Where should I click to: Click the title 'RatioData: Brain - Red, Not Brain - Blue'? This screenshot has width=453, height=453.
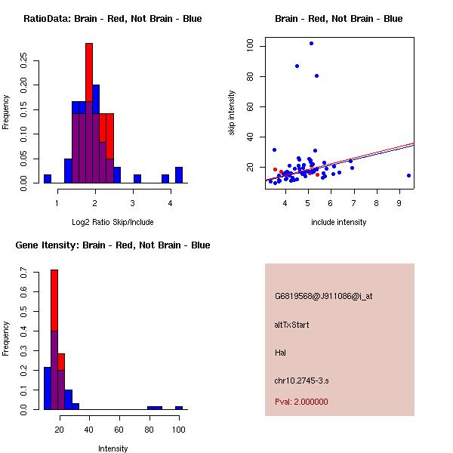(112, 19)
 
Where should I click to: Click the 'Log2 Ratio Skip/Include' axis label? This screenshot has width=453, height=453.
(112, 222)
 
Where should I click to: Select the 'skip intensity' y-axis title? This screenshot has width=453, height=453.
(233, 113)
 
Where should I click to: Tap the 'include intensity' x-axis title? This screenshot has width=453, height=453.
(339, 222)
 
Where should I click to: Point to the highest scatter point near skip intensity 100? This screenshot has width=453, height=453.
(311, 44)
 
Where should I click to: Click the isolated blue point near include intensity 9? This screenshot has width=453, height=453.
(408, 175)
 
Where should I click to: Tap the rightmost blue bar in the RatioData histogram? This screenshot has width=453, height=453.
(179, 175)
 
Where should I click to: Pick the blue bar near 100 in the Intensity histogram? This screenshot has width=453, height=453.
(179, 408)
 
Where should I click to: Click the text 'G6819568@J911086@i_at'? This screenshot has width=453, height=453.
(323, 296)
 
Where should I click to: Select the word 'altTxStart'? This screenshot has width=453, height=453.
(291, 325)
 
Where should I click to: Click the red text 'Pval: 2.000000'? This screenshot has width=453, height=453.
(301, 402)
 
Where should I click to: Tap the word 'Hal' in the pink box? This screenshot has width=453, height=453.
(281, 353)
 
